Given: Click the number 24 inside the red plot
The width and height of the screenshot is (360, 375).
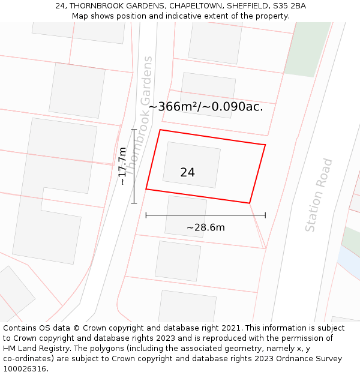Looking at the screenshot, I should [187, 173].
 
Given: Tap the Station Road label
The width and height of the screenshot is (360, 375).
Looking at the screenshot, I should [319, 195].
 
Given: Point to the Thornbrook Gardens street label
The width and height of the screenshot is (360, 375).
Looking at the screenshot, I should [139, 111].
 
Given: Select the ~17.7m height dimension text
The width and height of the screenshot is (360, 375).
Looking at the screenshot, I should [122, 166].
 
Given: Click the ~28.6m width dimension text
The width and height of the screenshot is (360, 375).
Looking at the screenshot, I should [205, 228].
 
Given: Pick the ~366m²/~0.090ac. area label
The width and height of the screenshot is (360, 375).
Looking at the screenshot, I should [205, 107].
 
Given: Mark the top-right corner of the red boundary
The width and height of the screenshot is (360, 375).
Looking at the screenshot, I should [265, 145].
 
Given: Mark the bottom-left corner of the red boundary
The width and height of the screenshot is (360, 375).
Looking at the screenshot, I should [146, 190].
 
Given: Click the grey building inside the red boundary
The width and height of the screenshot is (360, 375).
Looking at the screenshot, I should [191, 164].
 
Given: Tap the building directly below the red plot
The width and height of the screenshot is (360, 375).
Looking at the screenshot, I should [185, 215].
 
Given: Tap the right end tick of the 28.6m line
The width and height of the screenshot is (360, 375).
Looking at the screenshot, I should [265, 215].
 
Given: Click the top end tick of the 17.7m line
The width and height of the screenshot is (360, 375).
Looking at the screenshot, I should [134, 130].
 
